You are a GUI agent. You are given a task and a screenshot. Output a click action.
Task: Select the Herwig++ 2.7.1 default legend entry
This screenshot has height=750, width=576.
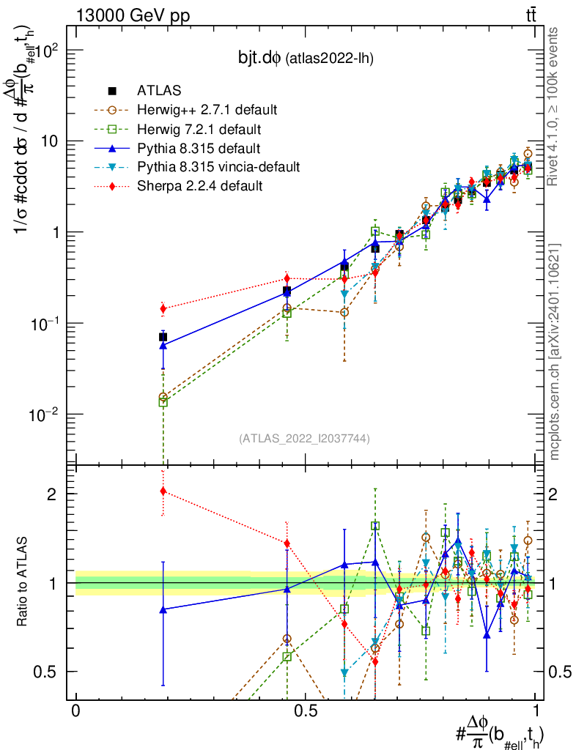tap(207, 110)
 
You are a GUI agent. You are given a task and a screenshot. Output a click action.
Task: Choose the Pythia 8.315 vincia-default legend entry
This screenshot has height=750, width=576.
tap(218, 167)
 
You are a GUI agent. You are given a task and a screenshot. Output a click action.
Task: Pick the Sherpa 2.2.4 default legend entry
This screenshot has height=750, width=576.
tap(199, 186)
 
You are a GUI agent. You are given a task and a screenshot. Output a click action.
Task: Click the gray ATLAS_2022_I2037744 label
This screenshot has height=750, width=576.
tap(303, 439)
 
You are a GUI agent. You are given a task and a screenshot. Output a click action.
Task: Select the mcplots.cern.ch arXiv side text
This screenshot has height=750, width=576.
tap(555, 352)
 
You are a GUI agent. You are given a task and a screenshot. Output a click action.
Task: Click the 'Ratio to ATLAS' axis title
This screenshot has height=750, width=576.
tap(23, 583)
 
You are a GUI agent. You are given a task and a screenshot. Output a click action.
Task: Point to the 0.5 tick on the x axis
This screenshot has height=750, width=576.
tap(306, 710)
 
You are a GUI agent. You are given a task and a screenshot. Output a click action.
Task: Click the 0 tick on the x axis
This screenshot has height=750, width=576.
tap(76, 710)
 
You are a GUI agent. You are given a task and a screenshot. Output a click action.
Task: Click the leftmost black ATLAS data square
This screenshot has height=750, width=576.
tap(163, 337)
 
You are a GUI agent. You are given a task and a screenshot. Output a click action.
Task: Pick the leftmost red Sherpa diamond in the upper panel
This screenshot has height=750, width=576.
tap(163, 308)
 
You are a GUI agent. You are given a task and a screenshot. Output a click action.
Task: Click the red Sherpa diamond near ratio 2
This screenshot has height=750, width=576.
tap(163, 491)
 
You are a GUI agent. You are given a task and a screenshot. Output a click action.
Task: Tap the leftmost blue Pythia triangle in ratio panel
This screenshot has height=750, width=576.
tap(163, 609)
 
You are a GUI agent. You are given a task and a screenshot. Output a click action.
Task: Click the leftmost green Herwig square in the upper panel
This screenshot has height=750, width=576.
tap(163, 401)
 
